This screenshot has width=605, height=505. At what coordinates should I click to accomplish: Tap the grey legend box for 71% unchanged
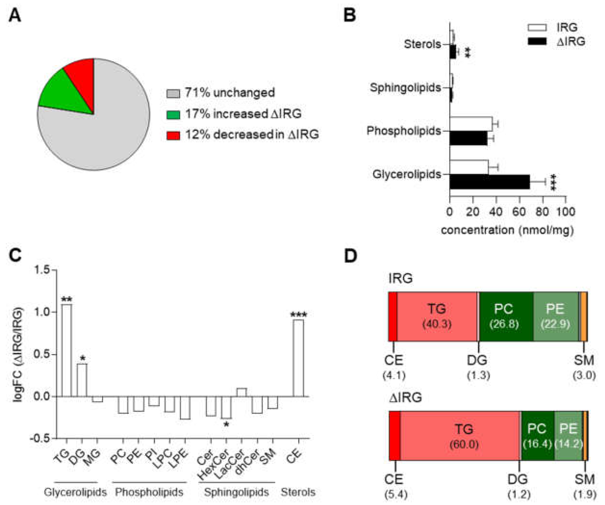coord(173,93)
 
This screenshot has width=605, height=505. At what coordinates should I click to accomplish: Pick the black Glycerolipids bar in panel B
coord(490,182)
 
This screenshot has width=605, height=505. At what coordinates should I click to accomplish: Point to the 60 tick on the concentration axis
coord(519,212)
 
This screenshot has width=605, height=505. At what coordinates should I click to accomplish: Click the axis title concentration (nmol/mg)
coord(507,230)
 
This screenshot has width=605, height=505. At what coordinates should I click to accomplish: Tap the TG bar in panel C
coord(67,350)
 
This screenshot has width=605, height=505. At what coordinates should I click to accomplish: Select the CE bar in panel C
coord(298,358)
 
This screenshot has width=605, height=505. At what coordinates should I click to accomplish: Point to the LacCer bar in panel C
coord(241,392)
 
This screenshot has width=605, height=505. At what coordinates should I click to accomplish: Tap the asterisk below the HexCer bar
coord(227,424)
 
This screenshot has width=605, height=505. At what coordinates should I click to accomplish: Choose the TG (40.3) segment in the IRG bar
coord(437,316)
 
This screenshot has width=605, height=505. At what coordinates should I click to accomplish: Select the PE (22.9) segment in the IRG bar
coord(556,316)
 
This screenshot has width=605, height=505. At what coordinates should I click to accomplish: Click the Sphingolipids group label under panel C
coord(236,492)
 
